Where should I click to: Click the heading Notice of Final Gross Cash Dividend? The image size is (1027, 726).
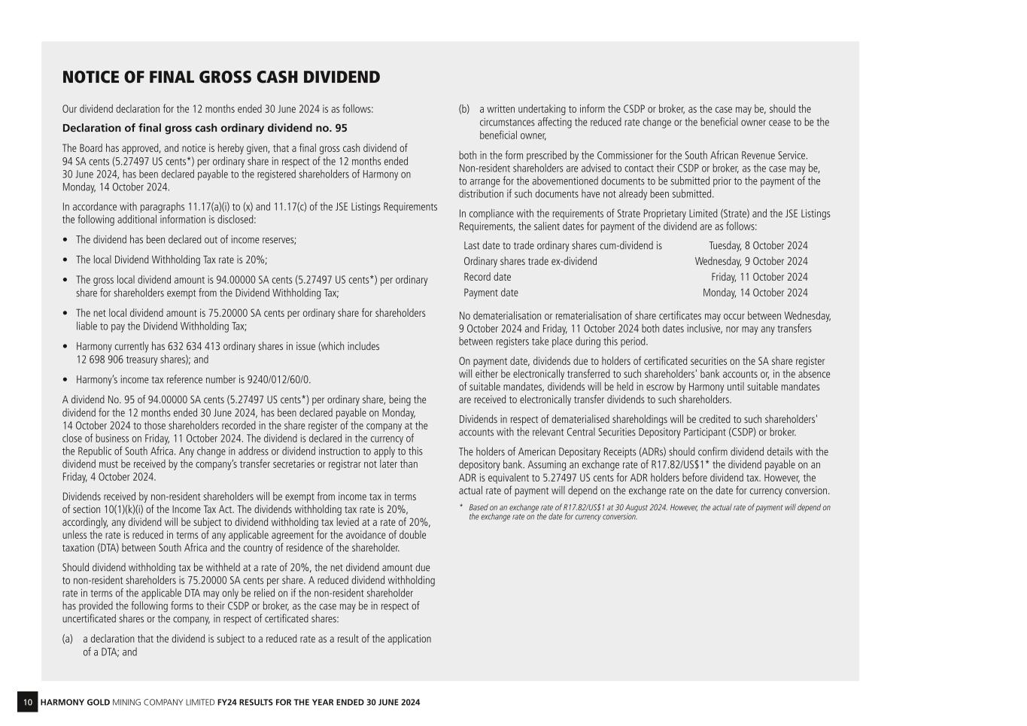(220, 77)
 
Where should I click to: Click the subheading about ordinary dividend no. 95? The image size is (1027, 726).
(205, 128)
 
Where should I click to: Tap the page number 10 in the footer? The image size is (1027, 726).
(27, 703)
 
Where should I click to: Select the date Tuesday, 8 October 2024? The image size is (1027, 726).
(758, 246)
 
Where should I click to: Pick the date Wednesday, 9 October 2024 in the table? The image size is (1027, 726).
(751, 262)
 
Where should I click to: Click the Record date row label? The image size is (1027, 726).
(487, 278)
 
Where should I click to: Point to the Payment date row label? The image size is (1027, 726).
(491, 293)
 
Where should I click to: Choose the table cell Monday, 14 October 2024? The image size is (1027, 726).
(755, 293)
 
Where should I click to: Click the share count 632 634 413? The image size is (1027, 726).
(184, 347)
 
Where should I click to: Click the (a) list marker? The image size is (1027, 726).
(68, 639)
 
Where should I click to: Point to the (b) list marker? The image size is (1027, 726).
(464, 110)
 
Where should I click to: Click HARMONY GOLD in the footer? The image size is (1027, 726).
(74, 703)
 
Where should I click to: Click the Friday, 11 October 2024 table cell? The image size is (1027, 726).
(759, 278)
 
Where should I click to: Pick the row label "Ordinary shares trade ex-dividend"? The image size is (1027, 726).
(530, 262)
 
